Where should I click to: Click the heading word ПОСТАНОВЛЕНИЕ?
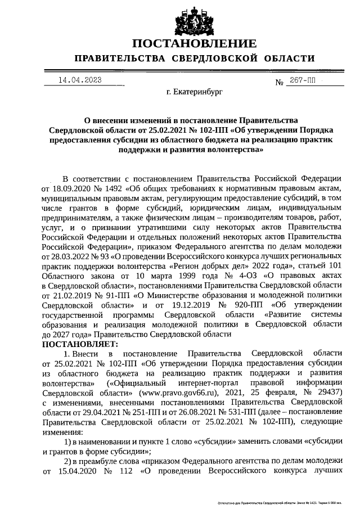pyautogui.click(x=195, y=43)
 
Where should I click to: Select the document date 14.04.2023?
pyautogui.click(x=80, y=80)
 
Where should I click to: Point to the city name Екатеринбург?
pyautogui.click(x=195, y=90)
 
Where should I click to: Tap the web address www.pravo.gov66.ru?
pyautogui.click(x=174, y=390)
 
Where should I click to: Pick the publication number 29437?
pyautogui.click(x=326, y=390)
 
